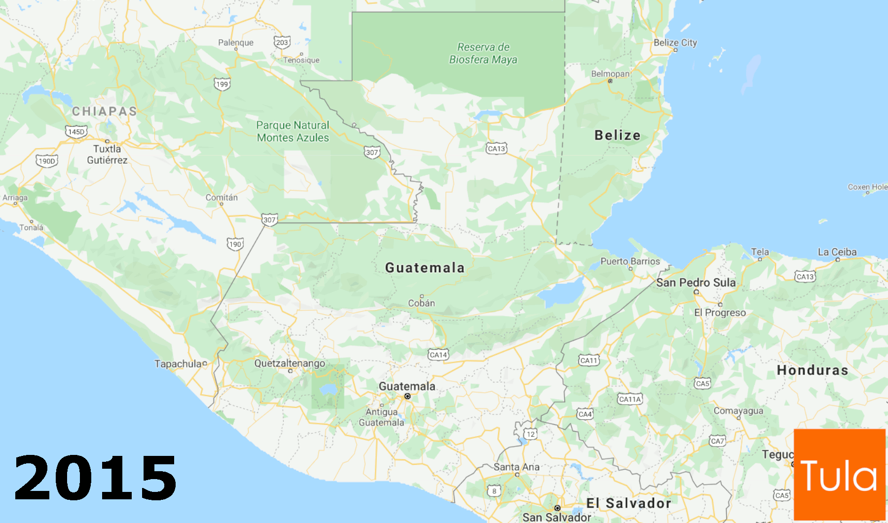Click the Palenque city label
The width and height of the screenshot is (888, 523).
(x=236, y=43)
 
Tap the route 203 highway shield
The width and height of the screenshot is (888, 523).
(x=282, y=42)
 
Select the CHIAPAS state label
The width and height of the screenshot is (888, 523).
(x=105, y=112)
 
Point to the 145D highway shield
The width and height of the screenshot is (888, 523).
(x=76, y=132)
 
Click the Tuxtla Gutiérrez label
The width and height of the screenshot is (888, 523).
(x=107, y=154)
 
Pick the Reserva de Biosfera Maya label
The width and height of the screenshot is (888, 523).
(x=483, y=53)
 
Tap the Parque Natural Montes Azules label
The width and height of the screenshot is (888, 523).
(x=293, y=132)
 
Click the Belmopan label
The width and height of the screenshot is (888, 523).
(x=610, y=74)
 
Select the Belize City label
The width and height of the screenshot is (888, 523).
(x=675, y=43)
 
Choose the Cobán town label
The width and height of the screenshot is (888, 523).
(x=421, y=303)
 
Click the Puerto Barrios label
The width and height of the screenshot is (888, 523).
(x=630, y=261)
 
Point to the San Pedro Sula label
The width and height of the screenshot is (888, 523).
(x=696, y=283)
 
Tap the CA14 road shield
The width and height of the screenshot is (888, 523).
(x=438, y=355)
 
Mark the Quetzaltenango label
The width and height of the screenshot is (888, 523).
(x=290, y=364)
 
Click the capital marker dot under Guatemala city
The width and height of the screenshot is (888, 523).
(x=407, y=396)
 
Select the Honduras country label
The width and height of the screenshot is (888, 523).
(x=812, y=370)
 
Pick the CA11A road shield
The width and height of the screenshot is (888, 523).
(x=630, y=399)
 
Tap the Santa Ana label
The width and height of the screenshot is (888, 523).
(x=517, y=467)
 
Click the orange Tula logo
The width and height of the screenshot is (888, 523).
(x=839, y=475)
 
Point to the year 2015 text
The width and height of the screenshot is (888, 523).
(x=95, y=478)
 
